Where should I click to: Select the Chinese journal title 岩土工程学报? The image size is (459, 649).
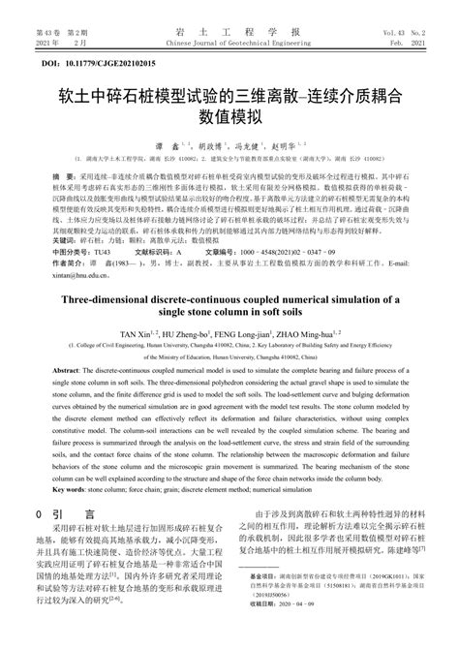(229, 30)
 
